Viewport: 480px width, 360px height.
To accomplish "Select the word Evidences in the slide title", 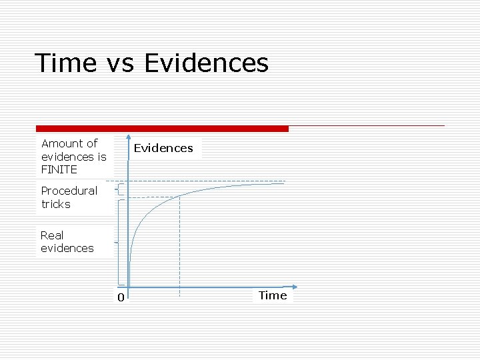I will (206, 63).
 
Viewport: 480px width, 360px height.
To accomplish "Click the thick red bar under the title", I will (162, 129).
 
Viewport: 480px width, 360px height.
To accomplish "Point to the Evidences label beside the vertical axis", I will (163, 148).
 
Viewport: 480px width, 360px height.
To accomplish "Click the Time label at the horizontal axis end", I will (273, 295).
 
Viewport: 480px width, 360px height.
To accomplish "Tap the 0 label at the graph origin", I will (121, 297).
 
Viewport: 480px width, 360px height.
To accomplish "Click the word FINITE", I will (59, 169).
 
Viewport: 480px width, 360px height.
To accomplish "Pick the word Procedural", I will (69, 191).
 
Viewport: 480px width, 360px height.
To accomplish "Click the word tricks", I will (55, 204).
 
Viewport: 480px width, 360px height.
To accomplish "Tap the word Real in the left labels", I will (52, 235).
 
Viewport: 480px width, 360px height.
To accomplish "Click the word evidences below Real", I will (67, 248).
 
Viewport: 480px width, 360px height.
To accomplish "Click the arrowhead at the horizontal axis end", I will (294, 288).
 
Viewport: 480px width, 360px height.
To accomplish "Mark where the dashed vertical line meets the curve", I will (179, 197).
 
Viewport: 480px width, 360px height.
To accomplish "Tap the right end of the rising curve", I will (284, 183).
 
